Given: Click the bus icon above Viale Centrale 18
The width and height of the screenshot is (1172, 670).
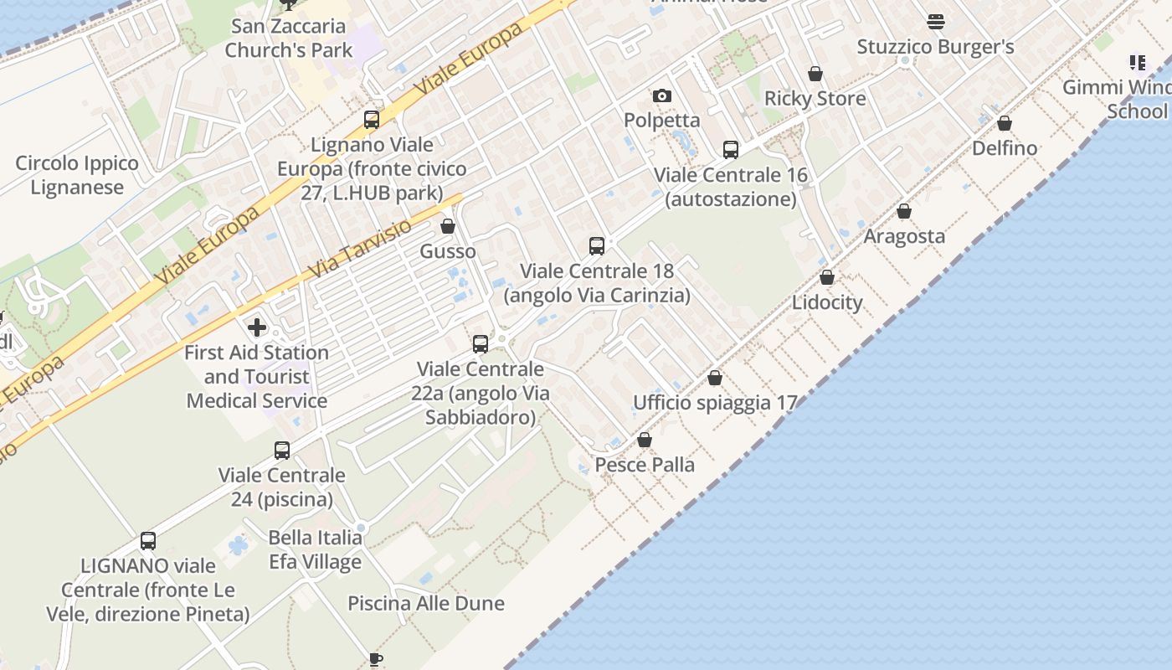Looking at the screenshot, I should coord(597,246).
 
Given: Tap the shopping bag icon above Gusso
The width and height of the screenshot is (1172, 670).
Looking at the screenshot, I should coord(448,226).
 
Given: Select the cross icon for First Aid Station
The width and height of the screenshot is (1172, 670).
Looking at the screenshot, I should coord(257,327).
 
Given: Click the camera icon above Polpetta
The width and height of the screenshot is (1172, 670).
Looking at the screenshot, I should coord(662,95).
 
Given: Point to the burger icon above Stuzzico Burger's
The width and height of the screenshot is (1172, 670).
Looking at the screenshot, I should coord(936,22).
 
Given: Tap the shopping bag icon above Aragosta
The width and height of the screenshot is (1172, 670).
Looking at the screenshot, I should coord(904,211).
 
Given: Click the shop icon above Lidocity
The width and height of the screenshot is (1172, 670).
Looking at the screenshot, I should coord(827,277).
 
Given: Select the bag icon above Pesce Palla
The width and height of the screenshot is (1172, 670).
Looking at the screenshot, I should coord(645,440).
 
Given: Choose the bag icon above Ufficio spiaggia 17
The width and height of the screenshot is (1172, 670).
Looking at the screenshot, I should coord(715,378).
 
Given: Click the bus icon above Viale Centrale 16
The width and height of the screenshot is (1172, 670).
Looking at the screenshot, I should coord(731,150).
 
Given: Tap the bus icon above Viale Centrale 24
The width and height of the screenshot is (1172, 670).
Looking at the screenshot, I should coord(282,451).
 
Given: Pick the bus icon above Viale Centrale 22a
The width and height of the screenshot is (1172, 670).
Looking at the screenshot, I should coord(481,343).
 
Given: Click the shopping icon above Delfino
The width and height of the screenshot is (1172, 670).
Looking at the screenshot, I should coord(1005,123).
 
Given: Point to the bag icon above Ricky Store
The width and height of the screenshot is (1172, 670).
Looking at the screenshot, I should coord(815,74).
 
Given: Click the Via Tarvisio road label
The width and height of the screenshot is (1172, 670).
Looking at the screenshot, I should coord(361,249).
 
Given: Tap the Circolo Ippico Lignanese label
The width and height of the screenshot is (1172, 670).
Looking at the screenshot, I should coord(77,175).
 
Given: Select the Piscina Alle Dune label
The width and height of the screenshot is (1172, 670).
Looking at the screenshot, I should coord(426,603).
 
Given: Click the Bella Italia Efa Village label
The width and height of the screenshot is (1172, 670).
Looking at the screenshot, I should coord(316,549).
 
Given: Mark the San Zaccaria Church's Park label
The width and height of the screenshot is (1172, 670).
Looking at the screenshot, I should coord(289,39).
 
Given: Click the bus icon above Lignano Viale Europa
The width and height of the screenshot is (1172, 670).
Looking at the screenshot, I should coord(372,120).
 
